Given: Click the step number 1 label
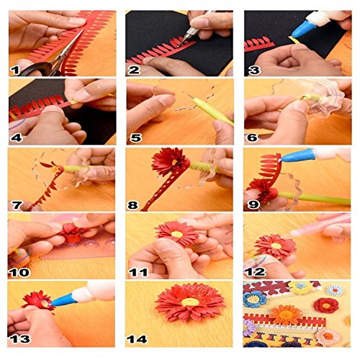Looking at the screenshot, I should pos(14,70).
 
